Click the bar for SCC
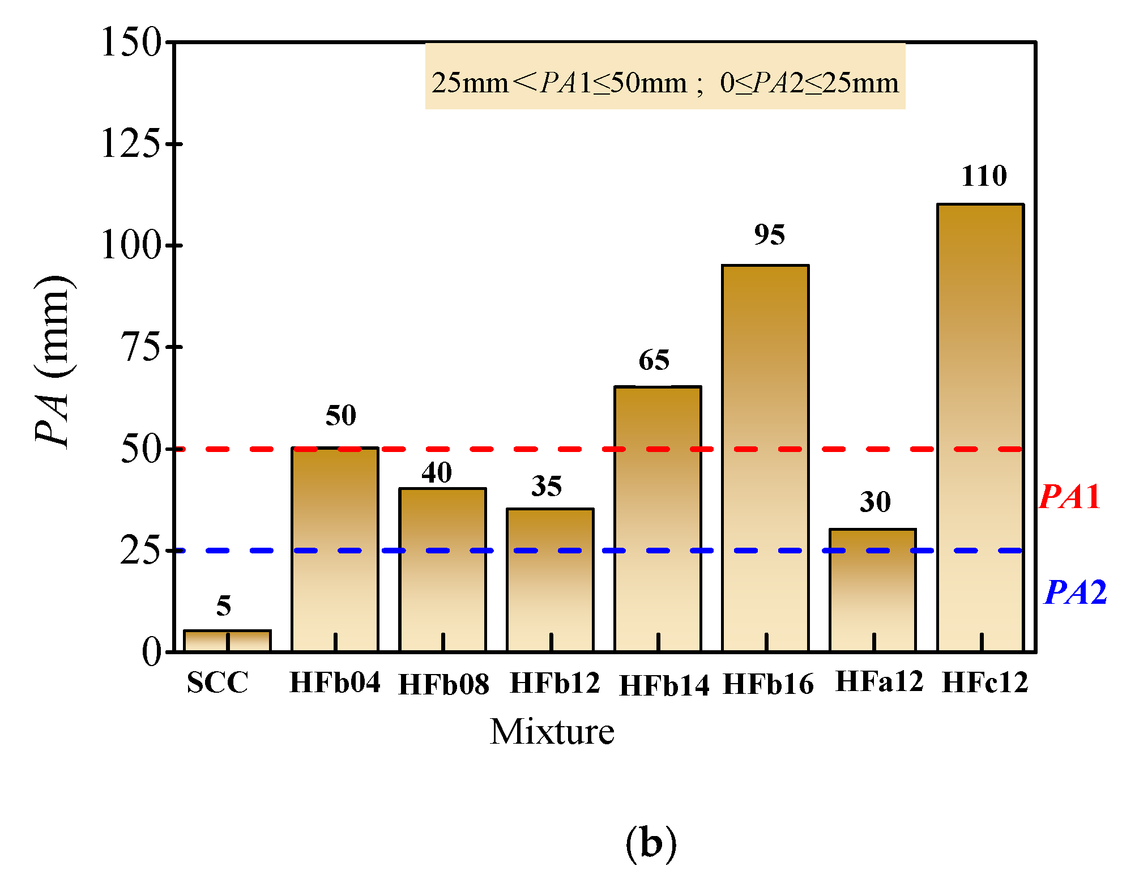[227, 641]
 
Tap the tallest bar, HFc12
[980, 428]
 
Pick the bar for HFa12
[873, 590]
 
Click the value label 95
[769, 234]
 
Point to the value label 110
[984, 176]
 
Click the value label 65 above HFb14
[654, 360]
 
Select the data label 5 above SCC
[224, 606]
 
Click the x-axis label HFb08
[443, 684]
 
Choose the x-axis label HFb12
[554, 683]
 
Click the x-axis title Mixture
[552, 732]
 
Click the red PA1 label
[1069, 497]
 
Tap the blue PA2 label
[1075, 592]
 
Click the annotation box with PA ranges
[665, 76]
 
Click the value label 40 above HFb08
[437, 472]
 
